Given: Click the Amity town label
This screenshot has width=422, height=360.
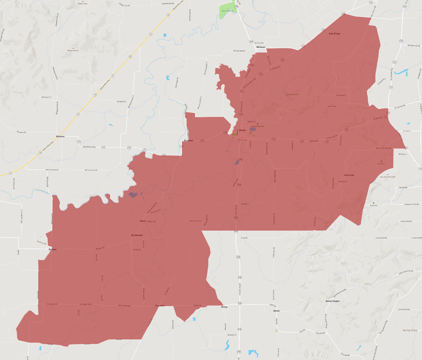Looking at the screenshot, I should pyautogui.click(x=242, y=130).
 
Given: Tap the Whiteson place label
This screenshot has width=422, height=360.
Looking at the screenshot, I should pyautogui.click(x=261, y=47).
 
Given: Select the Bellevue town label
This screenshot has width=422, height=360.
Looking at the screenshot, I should pyautogui.click(x=60, y=136).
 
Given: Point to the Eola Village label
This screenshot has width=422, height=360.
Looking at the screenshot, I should pyautogui.click(x=335, y=34).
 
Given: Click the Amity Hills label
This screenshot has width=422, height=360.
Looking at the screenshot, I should pyautogui.click(x=292, y=94).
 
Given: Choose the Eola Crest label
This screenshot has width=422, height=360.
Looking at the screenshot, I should pyautogui.click(x=349, y=175).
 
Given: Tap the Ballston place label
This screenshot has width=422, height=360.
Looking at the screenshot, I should pyautogui.click(x=53, y=249).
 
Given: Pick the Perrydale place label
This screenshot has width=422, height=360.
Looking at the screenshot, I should pyautogui.click(x=160, y=306).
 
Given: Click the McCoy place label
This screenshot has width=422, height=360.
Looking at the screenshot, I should pyautogui.click(x=224, y=307).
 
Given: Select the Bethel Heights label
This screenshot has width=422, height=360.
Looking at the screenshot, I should pyautogui.click(x=333, y=301).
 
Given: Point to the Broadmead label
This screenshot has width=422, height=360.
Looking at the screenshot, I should pyautogui.click(x=137, y=235).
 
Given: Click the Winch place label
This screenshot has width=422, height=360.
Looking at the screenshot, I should pyautogui.click(x=143, y=221).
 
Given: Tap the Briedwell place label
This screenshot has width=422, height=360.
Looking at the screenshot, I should pyautogui.click(x=189, y=140).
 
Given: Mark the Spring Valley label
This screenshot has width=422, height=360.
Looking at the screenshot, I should pyautogui.click(x=410, y=330).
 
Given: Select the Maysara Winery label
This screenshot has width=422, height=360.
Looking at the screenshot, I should pyautogui.click(x=73, y=51).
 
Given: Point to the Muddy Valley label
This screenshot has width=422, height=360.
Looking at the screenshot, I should pyautogui.click(x=83, y=4).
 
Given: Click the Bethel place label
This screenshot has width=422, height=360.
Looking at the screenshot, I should pyautogui.click(x=276, y=311).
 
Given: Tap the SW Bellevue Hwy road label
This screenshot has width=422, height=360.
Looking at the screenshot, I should pyautogui.click(x=89, y=147).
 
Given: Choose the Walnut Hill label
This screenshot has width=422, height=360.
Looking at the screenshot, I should pyautogui.click(x=332, y=106).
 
